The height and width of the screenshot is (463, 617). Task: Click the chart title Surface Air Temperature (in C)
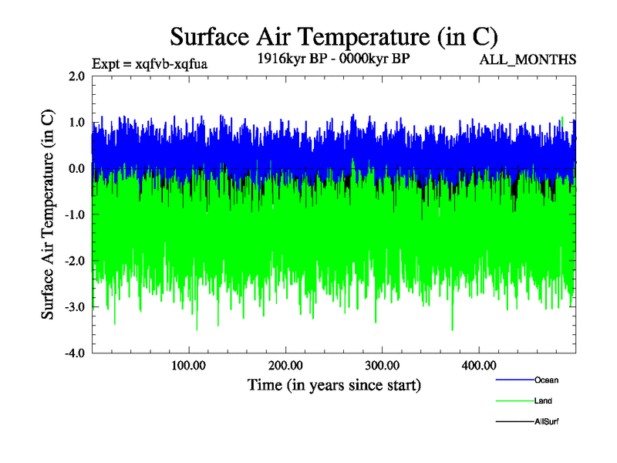tap(334, 36)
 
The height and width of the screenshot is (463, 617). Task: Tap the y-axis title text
tap(48, 215)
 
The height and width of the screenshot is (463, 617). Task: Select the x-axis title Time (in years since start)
tap(334, 384)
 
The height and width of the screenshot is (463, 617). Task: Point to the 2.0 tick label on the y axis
tap(76, 76)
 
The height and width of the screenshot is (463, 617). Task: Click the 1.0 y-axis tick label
tap(76, 122)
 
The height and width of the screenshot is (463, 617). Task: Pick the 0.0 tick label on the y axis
tap(76, 168)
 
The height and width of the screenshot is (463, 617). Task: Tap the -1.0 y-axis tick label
tap(75, 215)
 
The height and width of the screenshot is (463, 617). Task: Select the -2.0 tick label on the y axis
tap(75, 261)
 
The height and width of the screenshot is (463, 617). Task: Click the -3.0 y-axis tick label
tap(75, 307)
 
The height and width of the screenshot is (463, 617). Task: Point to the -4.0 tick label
tap(75, 353)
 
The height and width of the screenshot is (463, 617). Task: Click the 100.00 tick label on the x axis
tap(188, 365)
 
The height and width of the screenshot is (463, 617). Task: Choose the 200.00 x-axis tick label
tap(285, 365)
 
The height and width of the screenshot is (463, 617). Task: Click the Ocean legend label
tap(546, 380)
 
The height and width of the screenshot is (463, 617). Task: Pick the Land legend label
tap(543, 400)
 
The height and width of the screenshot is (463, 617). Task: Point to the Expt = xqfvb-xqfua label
tap(150, 63)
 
